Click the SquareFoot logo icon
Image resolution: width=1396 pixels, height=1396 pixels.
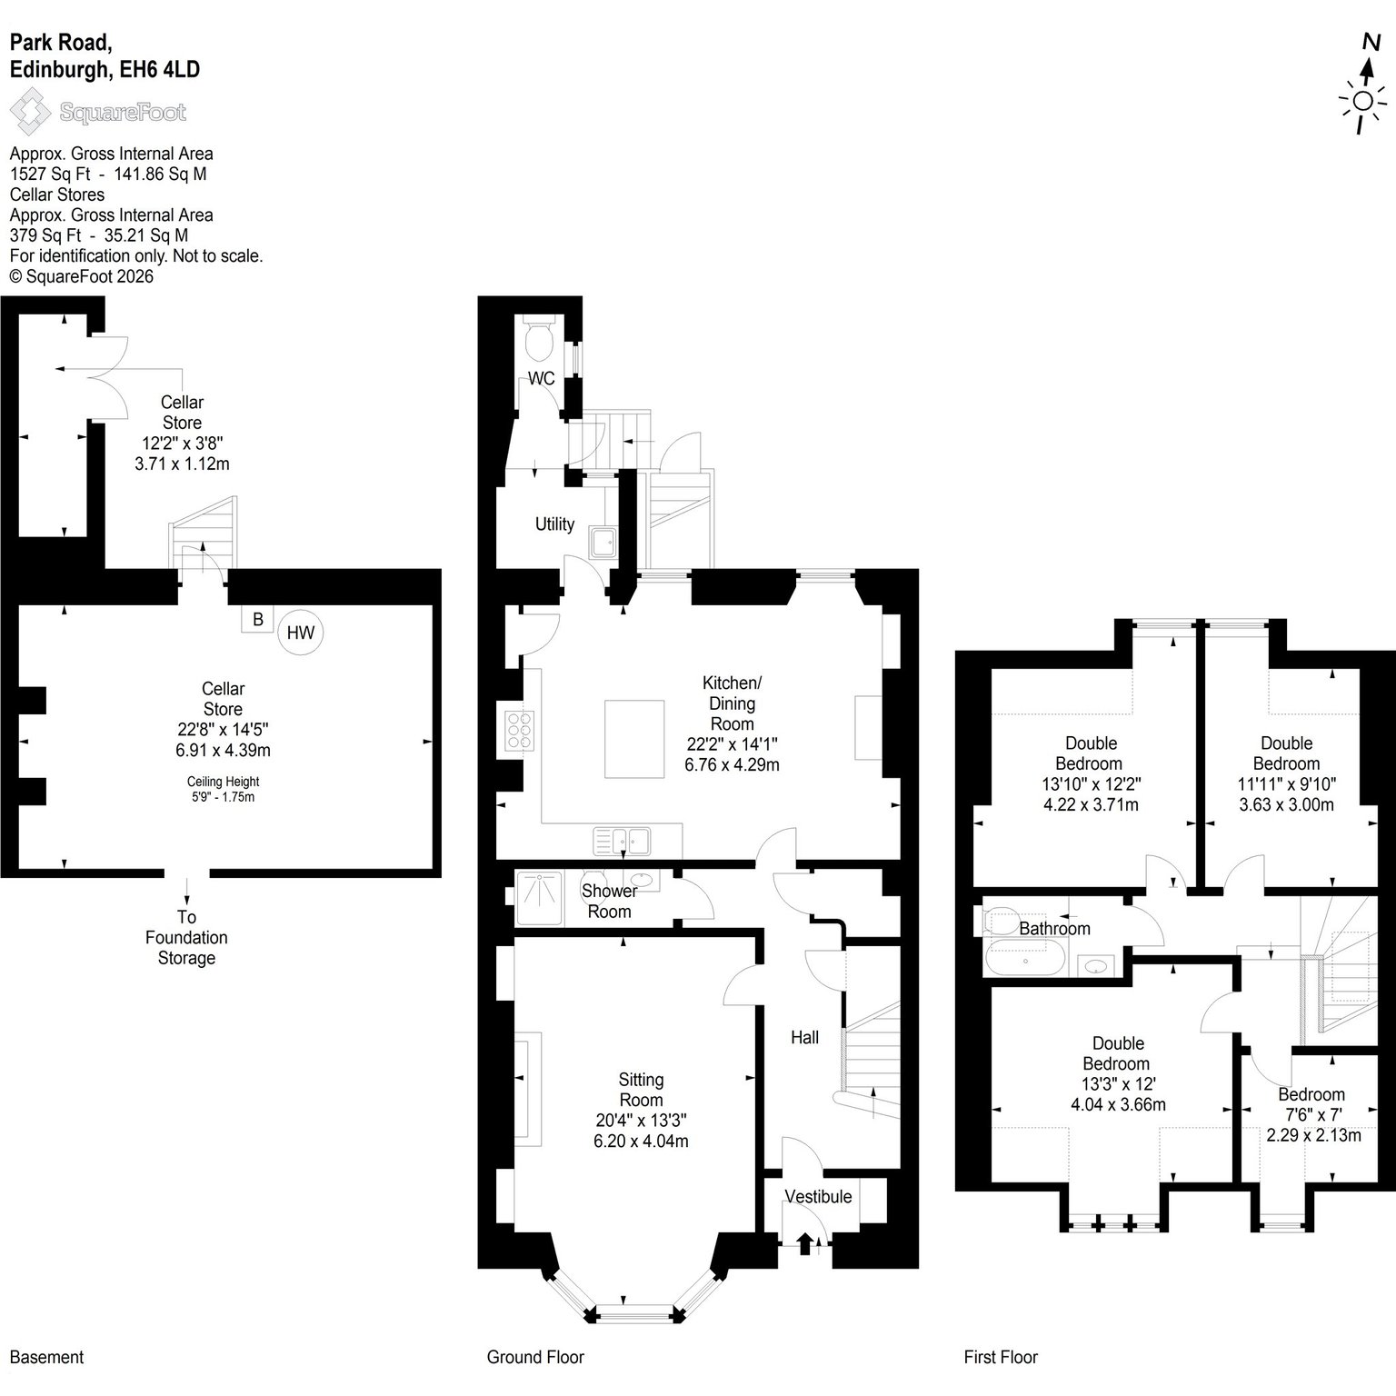pyautogui.click(x=30, y=111)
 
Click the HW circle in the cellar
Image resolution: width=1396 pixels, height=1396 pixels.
pyautogui.click(x=301, y=632)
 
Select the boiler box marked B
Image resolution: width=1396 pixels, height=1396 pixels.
pyautogui.click(x=258, y=619)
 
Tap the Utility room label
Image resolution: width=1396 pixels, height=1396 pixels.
pyautogui.click(x=554, y=523)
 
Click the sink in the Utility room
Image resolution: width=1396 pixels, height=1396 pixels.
pyautogui.click(x=603, y=542)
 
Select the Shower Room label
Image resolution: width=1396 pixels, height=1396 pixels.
pyautogui.click(x=609, y=901)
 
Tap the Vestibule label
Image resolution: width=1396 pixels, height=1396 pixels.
pyautogui.click(x=819, y=1196)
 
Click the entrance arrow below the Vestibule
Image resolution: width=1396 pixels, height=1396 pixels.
pyautogui.click(x=805, y=1243)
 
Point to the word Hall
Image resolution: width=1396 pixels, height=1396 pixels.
pyautogui.click(x=805, y=1037)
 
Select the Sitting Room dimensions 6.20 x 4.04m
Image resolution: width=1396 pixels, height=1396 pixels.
pyautogui.click(x=641, y=1141)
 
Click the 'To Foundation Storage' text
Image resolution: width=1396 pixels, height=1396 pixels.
pyautogui.click(x=186, y=937)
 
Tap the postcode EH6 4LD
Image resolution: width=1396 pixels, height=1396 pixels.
pyautogui.click(x=160, y=70)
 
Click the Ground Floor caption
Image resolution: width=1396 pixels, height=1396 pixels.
pyautogui.click(x=535, y=1357)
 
